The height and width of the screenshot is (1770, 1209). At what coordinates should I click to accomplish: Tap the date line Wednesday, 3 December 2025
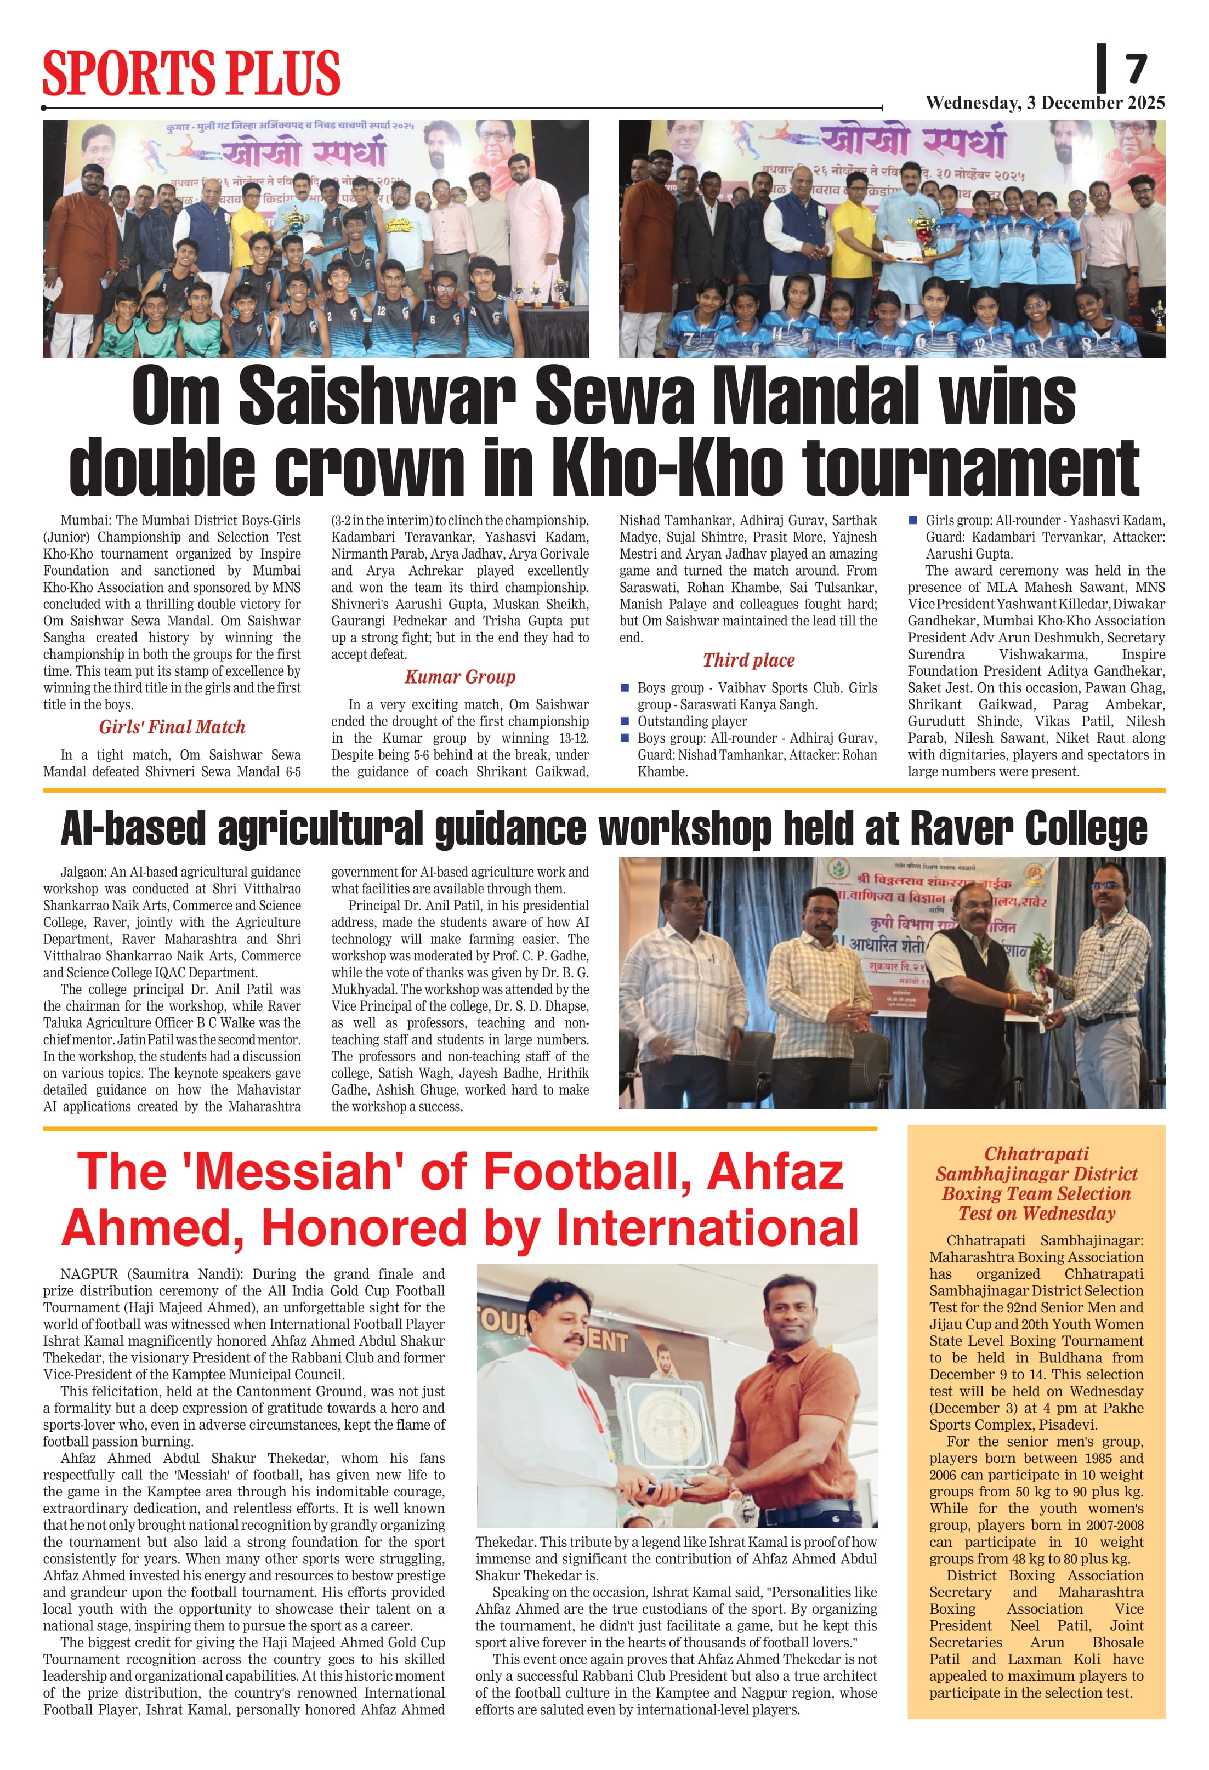tap(1045, 103)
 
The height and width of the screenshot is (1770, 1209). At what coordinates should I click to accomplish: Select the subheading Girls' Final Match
tap(172, 727)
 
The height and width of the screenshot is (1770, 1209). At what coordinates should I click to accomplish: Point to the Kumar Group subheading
tap(460, 676)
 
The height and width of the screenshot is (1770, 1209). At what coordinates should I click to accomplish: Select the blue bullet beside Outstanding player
tap(625, 720)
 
